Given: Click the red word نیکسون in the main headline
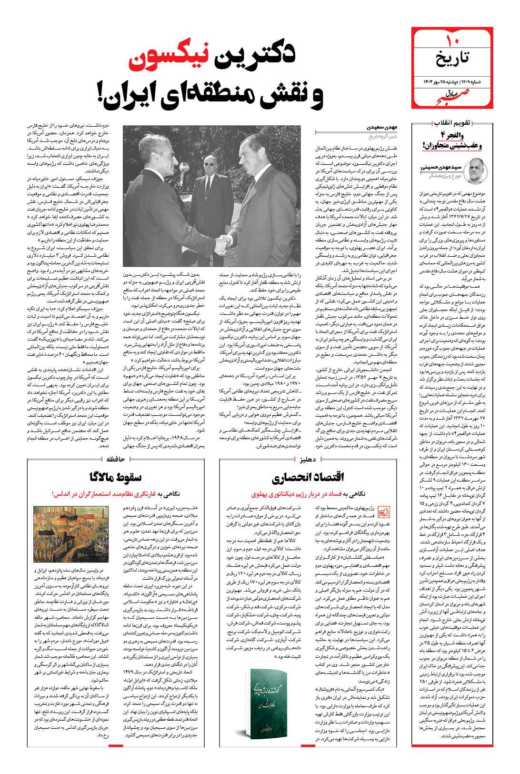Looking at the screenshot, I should [x=163, y=60].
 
